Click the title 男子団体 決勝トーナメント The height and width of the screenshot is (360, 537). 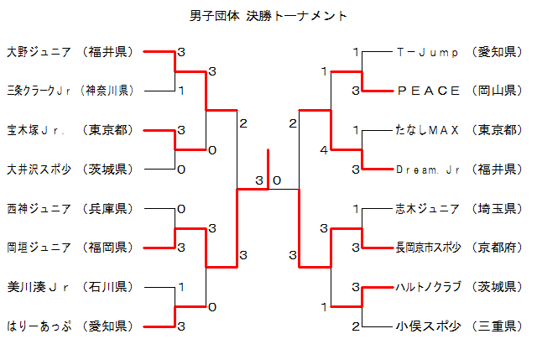click(268, 16)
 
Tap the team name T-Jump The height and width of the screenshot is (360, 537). click(427, 52)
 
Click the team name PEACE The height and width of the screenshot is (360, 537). click(428, 91)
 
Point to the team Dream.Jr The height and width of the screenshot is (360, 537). click(428, 170)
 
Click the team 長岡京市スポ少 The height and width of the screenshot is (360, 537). click(428, 247)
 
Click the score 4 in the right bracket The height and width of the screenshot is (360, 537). click(324, 150)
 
